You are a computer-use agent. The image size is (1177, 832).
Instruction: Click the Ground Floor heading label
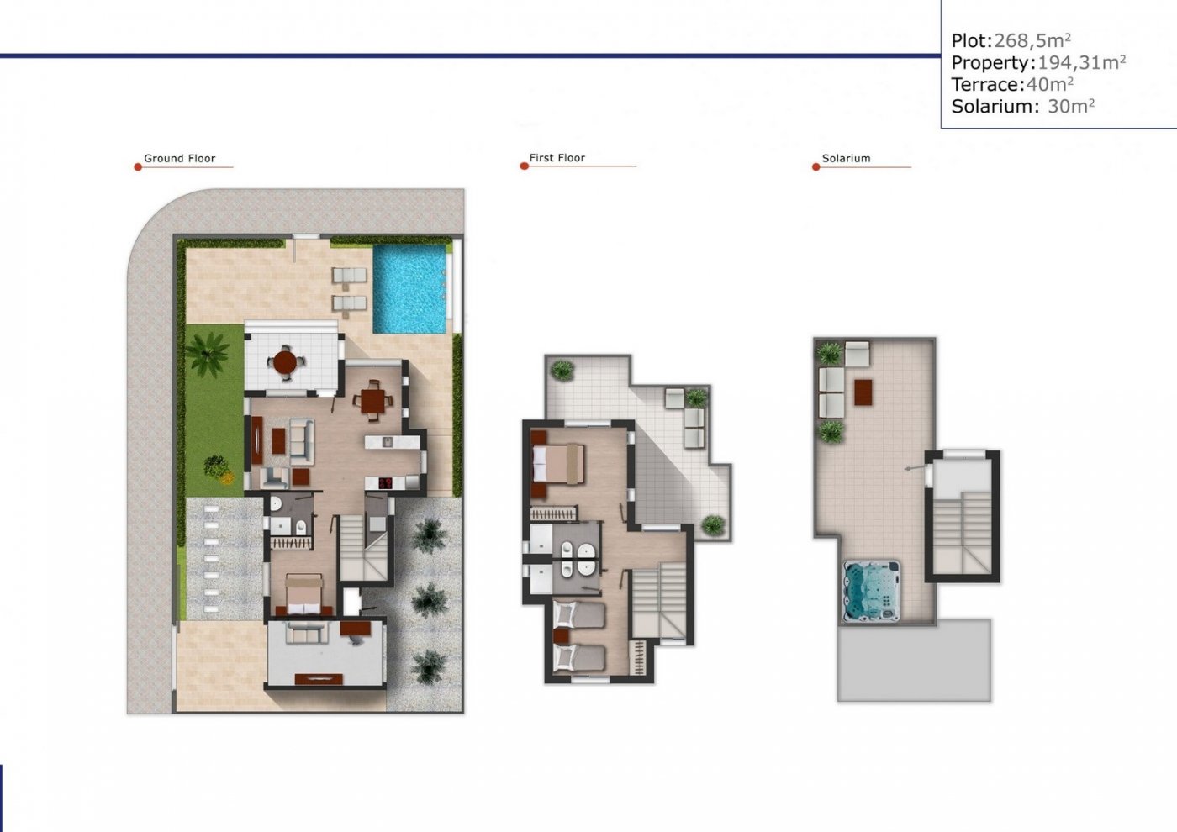pos(179,158)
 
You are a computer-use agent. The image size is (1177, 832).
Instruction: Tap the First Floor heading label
pos(557,158)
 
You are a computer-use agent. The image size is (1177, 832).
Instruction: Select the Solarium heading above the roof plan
pos(846,158)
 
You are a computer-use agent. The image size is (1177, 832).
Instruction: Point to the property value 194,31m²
pos(1081,62)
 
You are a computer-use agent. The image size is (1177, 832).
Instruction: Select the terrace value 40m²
pos(1049,84)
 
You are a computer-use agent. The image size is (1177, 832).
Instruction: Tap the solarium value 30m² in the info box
pos(1070,106)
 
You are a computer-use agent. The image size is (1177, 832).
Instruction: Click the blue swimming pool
pos(409,289)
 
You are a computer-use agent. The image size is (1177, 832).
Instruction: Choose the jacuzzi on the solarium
pos(871,592)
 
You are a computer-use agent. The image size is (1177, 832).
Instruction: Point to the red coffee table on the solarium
pos(863,392)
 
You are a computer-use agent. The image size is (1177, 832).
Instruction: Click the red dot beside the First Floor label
pos(524,166)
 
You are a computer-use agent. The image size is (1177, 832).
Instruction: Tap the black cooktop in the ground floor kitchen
pos(385,483)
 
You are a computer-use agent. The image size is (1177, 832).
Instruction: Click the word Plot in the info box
pos(969,40)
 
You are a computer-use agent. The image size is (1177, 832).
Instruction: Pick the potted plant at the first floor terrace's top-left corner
pos(561,369)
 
